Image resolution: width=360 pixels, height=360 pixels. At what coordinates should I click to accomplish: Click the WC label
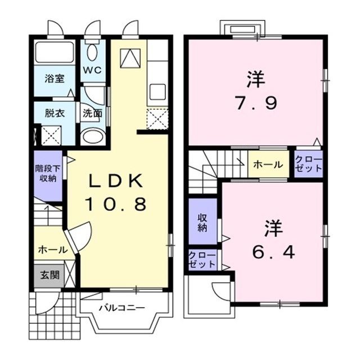click(92, 70)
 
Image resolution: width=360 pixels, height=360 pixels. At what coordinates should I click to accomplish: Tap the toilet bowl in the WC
click(92, 52)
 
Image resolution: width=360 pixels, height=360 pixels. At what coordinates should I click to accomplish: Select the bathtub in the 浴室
click(55, 52)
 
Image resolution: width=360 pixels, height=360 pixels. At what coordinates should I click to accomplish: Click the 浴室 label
click(55, 79)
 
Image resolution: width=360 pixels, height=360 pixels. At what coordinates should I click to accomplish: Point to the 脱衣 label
click(55, 114)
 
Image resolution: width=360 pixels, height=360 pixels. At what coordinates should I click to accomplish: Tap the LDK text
click(116, 181)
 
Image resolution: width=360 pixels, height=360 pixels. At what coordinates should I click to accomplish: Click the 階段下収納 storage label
click(48, 174)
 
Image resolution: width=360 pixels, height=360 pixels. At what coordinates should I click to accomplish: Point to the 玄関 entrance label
click(49, 275)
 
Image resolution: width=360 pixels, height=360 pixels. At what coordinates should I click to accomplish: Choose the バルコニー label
click(122, 308)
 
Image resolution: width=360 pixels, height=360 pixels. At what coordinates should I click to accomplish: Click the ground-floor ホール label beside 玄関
click(53, 250)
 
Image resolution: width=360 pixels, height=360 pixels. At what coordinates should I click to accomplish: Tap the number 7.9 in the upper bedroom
click(256, 103)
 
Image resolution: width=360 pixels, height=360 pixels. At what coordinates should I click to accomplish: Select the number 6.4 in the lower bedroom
click(273, 253)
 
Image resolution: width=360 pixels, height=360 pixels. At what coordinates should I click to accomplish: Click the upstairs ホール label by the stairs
click(268, 164)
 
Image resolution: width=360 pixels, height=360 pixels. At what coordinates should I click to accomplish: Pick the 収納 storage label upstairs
click(202, 223)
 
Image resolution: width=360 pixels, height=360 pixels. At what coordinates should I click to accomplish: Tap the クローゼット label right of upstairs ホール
click(308, 164)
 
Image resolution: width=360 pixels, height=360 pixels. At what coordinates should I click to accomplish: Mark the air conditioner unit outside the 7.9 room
click(242, 29)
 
